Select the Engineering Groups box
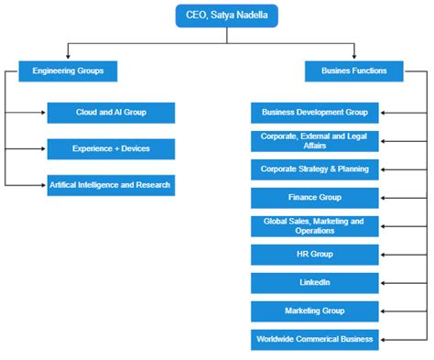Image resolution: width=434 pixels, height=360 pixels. (68, 71)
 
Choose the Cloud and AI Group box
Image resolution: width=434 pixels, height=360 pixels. (110, 113)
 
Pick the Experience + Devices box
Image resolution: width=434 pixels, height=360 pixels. (110, 147)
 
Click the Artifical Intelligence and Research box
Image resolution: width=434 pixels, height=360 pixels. (110, 184)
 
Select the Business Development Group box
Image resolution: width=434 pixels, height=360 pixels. (314, 113)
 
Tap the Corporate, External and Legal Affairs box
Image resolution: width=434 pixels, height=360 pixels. (314, 140)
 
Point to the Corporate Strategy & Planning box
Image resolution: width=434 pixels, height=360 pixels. (314, 169)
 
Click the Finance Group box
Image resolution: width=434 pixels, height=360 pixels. (314, 197)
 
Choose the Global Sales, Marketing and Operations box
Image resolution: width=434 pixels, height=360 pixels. (314, 225)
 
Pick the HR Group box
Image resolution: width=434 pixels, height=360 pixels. (314, 254)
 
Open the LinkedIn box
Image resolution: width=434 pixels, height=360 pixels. (314, 282)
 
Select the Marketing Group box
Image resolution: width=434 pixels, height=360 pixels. (314, 311)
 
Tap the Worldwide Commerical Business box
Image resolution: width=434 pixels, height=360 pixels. (314, 339)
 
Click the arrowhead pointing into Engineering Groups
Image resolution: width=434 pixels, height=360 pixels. (68, 58)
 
